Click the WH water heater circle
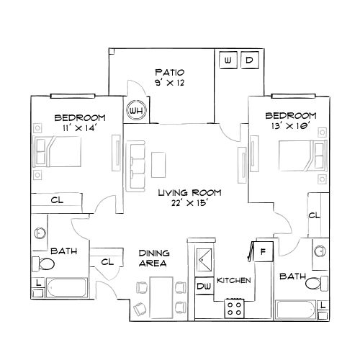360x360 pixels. [135, 110]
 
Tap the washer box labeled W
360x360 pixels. [228, 60]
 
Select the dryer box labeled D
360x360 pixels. [249, 60]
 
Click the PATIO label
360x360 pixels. [171, 73]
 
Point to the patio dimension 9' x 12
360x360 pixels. [171, 84]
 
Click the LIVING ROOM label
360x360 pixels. [190, 193]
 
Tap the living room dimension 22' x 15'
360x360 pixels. [190, 204]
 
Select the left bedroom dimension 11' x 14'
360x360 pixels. [80, 127]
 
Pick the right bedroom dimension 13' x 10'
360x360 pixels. [290, 126]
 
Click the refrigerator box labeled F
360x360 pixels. [264, 251]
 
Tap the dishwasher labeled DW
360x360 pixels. [204, 286]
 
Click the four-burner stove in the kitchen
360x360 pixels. [235, 308]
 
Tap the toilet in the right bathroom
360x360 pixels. [313, 283]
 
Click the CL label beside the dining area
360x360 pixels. [107, 262]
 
